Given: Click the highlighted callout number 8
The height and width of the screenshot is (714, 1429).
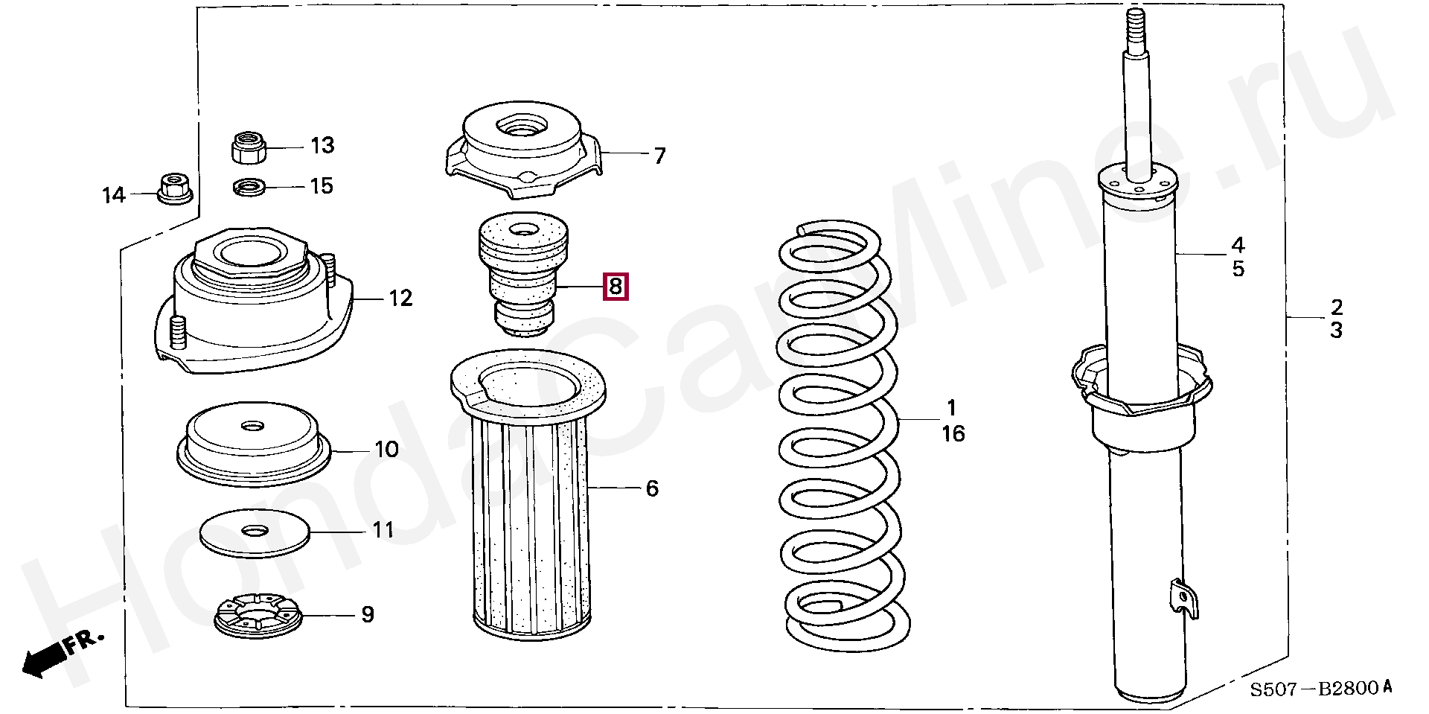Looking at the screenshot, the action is [616, 287].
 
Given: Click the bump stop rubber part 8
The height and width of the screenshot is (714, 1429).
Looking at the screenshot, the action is [522, 273].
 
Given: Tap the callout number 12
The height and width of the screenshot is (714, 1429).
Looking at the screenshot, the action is [400, 299].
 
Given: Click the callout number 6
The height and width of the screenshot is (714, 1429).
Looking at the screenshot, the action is [652, 488].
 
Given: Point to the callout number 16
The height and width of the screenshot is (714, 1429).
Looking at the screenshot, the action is [953, 433].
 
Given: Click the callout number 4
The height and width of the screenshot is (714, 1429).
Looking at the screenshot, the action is [1238, 244].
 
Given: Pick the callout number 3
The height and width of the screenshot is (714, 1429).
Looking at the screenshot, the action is [1337, 331].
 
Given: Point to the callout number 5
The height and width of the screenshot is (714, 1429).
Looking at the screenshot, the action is [1238, 269].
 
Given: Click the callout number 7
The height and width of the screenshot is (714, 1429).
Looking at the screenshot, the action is [659, 156].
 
